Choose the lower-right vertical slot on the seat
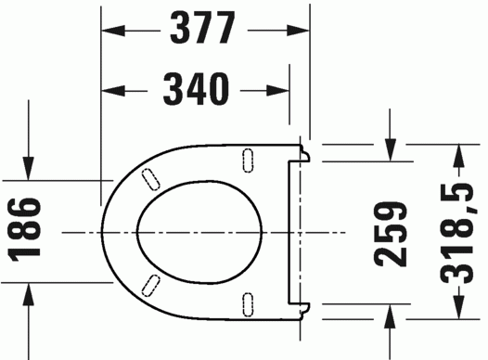tap(248, 299)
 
